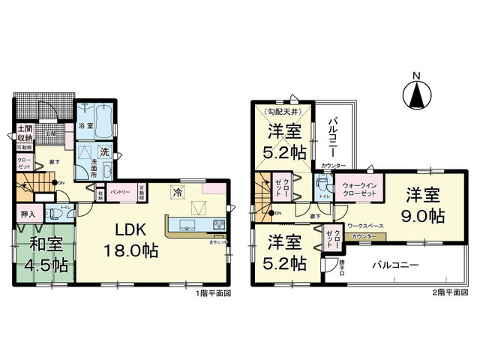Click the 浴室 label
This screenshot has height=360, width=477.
[86, 127]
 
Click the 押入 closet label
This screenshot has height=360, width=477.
[28, 214]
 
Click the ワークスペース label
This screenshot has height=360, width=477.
[365, 225]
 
